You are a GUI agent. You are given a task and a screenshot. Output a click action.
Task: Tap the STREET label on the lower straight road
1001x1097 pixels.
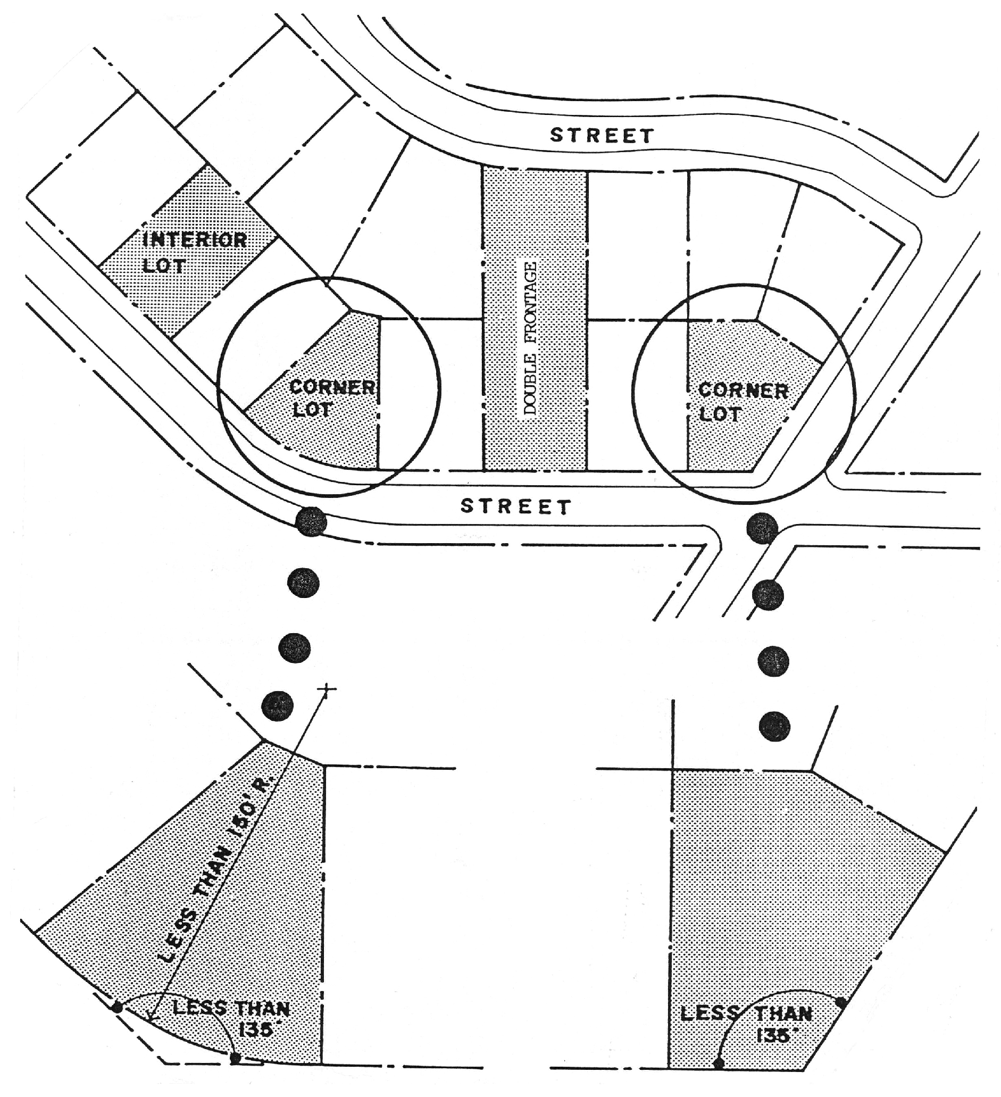(515, 506)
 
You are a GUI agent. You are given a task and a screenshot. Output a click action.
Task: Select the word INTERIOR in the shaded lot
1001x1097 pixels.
(195, 240)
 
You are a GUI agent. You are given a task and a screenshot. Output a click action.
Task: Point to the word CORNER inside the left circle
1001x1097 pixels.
(332, 387)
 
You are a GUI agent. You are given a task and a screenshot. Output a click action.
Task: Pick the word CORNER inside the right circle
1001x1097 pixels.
(743, 390)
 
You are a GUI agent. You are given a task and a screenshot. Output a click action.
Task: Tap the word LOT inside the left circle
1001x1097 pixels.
(312, 410)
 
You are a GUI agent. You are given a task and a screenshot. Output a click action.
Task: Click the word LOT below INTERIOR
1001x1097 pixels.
(164, 265)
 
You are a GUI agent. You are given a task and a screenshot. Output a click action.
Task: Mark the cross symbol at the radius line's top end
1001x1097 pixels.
(327, 690)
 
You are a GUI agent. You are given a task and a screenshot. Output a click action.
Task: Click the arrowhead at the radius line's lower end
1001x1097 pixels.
(151, 1016)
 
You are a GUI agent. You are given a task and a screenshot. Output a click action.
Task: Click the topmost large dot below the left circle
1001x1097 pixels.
(311, 521)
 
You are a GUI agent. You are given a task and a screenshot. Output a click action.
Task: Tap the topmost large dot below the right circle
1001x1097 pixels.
(762, 527)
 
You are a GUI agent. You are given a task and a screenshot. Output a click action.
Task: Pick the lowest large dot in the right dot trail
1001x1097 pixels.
(774, 726)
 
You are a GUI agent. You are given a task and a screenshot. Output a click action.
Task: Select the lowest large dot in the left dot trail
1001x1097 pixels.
(278, 706)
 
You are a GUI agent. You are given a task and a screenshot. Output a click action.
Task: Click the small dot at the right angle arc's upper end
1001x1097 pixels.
(840, 1002)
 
